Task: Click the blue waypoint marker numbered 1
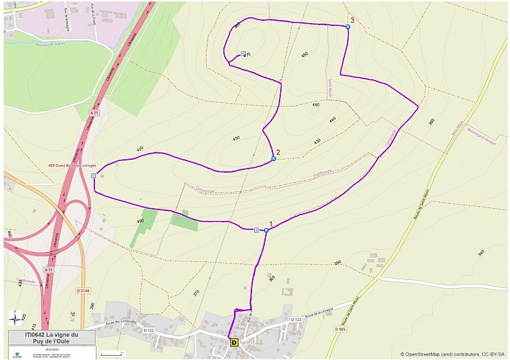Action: point(267,230)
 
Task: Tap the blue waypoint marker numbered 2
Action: point(274,158)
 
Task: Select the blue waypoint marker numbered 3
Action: point(347,27)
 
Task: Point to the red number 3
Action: point(352,20)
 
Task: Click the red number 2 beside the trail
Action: point(278,152)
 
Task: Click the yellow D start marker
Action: point(233,343)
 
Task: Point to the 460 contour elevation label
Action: point(316,105)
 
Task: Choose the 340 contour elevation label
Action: point(481,252)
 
